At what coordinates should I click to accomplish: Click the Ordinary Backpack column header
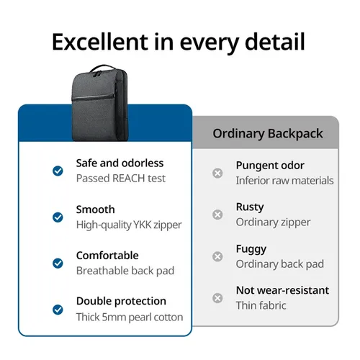(268, 134)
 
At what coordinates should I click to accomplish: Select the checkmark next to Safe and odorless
(58, 171)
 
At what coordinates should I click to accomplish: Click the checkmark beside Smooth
(58, 217)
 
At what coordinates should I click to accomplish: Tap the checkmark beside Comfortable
(58, 263)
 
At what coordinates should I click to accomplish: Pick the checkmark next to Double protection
(58, 309)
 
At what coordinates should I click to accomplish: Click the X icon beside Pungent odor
(217, 173)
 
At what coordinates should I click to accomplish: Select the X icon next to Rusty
(217, 215)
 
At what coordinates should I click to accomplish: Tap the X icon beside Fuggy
(217, 256)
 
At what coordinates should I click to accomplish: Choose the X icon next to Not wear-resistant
(217, 297)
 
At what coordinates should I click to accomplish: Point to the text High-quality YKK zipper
(129, 225)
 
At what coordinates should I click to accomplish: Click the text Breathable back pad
(125, 271)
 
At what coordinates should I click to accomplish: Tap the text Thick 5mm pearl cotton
(130, 317)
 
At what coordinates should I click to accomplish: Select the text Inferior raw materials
(284, 181)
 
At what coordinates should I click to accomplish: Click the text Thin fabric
(261, 305)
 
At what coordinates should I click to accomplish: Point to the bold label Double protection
(121, 301)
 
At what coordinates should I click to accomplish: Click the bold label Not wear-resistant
(282, 290)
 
